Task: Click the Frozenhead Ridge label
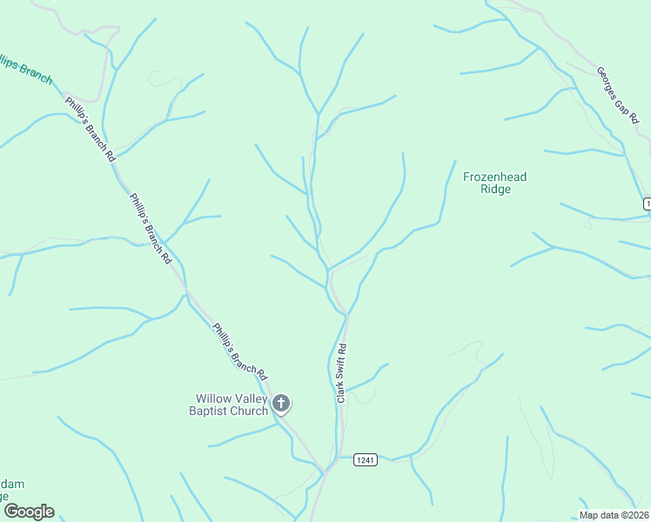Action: [494, 183]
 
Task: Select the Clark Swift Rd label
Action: [342, 372]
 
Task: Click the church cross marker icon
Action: [281, 403]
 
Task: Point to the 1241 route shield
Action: [366, 459]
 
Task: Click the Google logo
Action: [29, 512]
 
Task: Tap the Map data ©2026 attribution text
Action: [614, 515]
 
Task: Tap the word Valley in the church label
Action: [250, 399]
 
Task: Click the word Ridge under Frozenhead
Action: [494, 189]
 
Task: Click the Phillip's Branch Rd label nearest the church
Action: [239, 351]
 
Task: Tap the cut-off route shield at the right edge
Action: [648, 203]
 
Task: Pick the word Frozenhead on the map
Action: [494, 177]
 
